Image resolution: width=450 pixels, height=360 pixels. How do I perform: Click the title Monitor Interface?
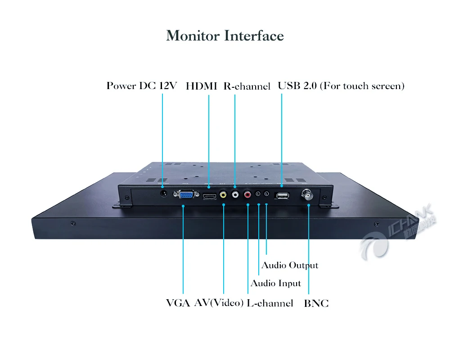pos(225,36)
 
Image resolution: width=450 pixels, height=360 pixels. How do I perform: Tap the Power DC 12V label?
pos(142,85)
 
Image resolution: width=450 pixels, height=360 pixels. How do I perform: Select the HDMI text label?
pos(202,85)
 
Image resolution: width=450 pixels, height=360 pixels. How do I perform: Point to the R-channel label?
pos(247,86)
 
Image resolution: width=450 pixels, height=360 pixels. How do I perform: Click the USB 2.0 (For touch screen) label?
pos(341,85)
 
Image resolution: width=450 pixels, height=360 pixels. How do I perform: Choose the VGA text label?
pos(178,303)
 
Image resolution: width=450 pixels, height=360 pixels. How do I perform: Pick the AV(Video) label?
pos(219,303)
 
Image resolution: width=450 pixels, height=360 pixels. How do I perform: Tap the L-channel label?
pos(270,303)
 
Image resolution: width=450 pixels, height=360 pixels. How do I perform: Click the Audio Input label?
pos(275,283)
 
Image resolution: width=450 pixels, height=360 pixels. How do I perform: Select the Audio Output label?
pos(290,265)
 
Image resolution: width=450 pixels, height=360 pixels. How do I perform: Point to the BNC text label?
pos(316,303)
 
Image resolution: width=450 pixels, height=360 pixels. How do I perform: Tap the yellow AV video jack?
pos(223,195)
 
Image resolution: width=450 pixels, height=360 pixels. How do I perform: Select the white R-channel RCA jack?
pos(235,195)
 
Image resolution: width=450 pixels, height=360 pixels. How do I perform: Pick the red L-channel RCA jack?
pos(247,195)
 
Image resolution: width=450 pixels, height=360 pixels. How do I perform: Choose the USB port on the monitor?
pos(282,195)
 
